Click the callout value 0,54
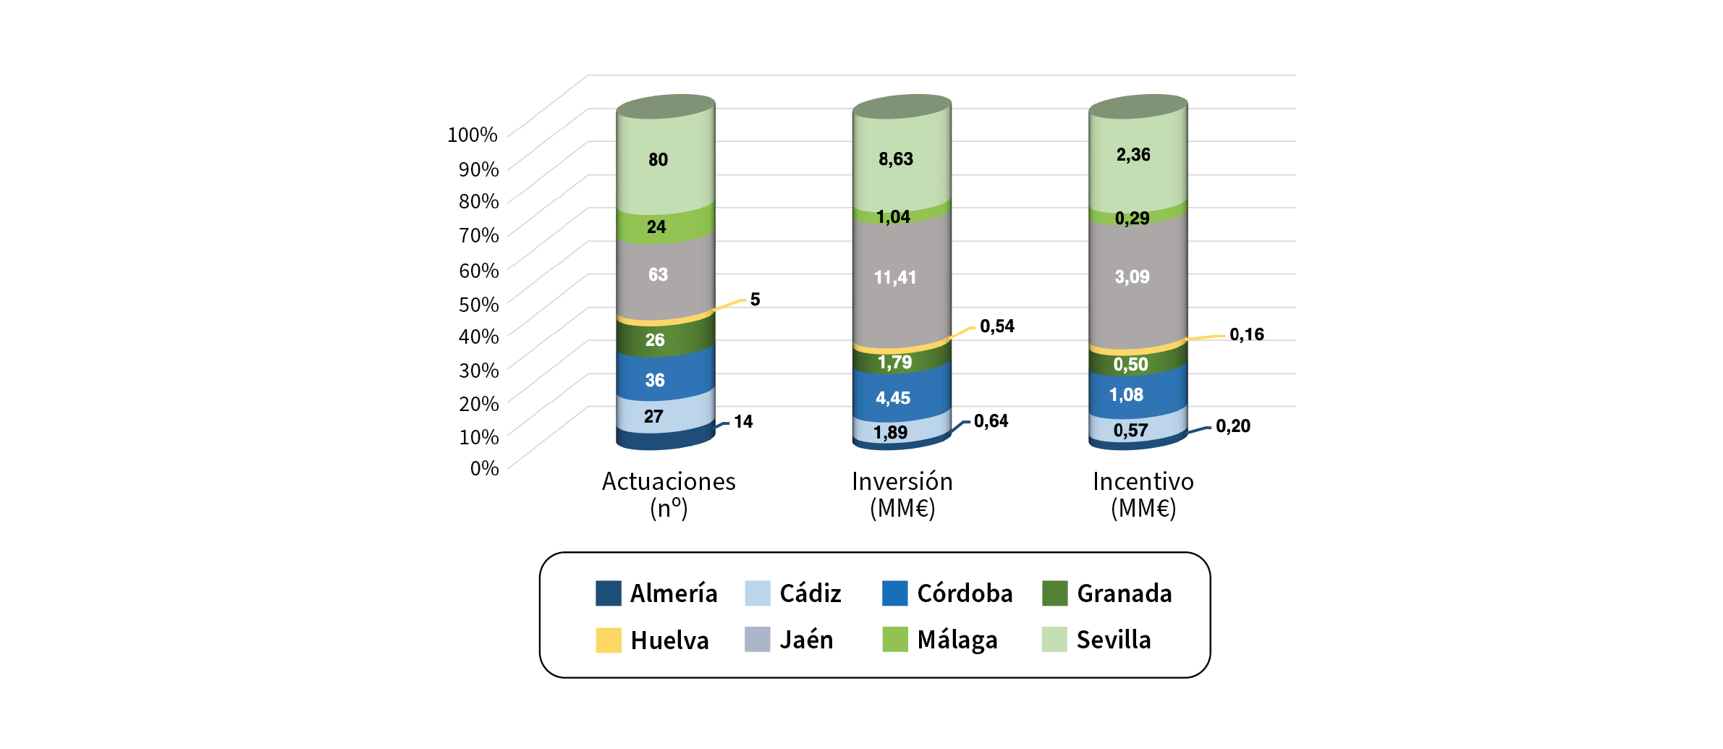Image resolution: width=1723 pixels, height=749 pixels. point(996,326)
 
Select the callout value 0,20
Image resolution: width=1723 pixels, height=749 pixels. point(1232,426)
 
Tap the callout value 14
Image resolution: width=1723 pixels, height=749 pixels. point(743,422)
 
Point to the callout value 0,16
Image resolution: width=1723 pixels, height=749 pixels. point(1246,334)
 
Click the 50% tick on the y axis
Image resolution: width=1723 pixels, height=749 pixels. point(478,305)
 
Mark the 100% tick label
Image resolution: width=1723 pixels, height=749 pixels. point(473,135)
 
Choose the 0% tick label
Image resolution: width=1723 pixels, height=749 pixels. point(484,468)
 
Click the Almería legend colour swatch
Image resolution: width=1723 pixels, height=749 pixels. point(608,593)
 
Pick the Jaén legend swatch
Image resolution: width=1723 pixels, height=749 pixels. point(757,640)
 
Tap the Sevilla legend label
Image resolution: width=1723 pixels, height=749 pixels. point(1113,640)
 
